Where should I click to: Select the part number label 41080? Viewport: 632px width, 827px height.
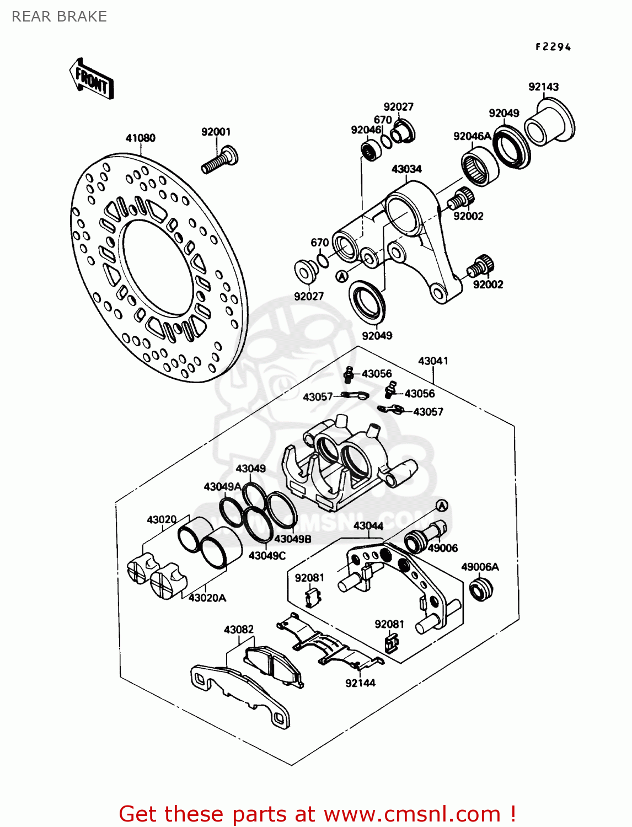click(140, 138)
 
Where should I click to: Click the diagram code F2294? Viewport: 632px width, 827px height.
click(553, 47)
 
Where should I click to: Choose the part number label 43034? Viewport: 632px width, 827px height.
click(406, 169)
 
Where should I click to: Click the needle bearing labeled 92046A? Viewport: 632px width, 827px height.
click(479, 165)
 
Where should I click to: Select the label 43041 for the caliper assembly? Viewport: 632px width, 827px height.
click(433, 361)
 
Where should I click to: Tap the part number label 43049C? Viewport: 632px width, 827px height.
click(267, 555)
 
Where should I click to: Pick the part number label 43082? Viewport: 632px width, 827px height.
click(238, 629)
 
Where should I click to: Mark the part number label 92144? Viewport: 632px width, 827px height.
click(360, 683)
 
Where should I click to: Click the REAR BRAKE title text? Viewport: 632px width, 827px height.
click(59, 17)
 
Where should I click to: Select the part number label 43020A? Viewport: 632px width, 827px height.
click(207, 598)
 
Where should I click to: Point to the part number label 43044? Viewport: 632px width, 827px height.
click(368, 525)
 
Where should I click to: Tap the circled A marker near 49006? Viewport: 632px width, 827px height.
click(442, 506)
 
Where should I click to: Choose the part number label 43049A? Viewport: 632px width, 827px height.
click(222, 486)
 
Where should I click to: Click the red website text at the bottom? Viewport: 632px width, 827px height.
click(317, 814)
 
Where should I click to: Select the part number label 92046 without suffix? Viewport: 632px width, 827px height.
click(366, 130)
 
